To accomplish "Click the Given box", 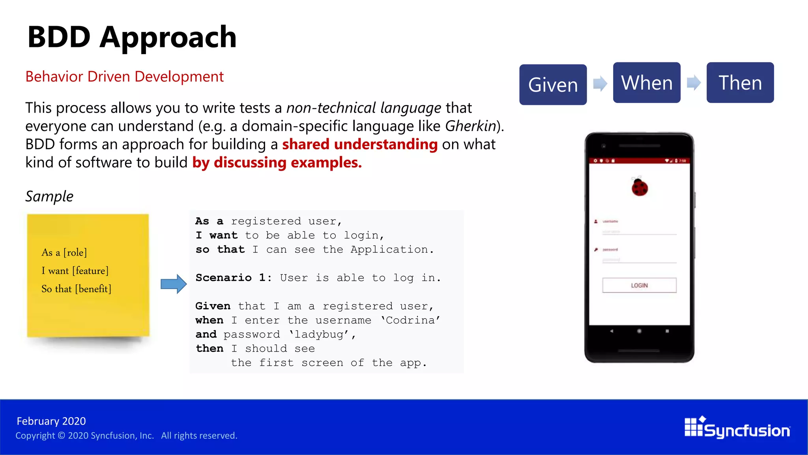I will pyautogui.click(x=553, y=85).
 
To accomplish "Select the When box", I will pyautogui.click(x=647, y=83).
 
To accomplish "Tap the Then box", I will pyautogui.click(x=740, y=83).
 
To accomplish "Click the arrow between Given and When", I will pyautogui.click(x=600, y=83).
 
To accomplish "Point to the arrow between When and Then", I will pyautogui.click(x=694, y=83).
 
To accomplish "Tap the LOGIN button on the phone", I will pyautogui.click(x=639, y=285).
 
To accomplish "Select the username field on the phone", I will pyautogui.click(x=639, y=231).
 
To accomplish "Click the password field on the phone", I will pyautogui.click(x=639, y=259).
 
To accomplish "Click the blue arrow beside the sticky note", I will pyautogui.click(x=174, y=284).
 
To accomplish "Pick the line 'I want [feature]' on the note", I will pyautogui.click(x=75, y=271).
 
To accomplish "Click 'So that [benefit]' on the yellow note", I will pyautogui.click(x=76, y=289).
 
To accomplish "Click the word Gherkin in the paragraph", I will pyautogui.click(x=470, y=126).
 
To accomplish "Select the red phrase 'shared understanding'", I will pyautogui.click(x=360, y=144).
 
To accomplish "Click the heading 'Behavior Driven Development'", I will pyautogui.click(x=124, y=76).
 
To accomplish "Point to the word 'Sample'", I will pyautogui.click(x=49, y=196).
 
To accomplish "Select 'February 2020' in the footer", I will pyautogui.click(x=51, y=421).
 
